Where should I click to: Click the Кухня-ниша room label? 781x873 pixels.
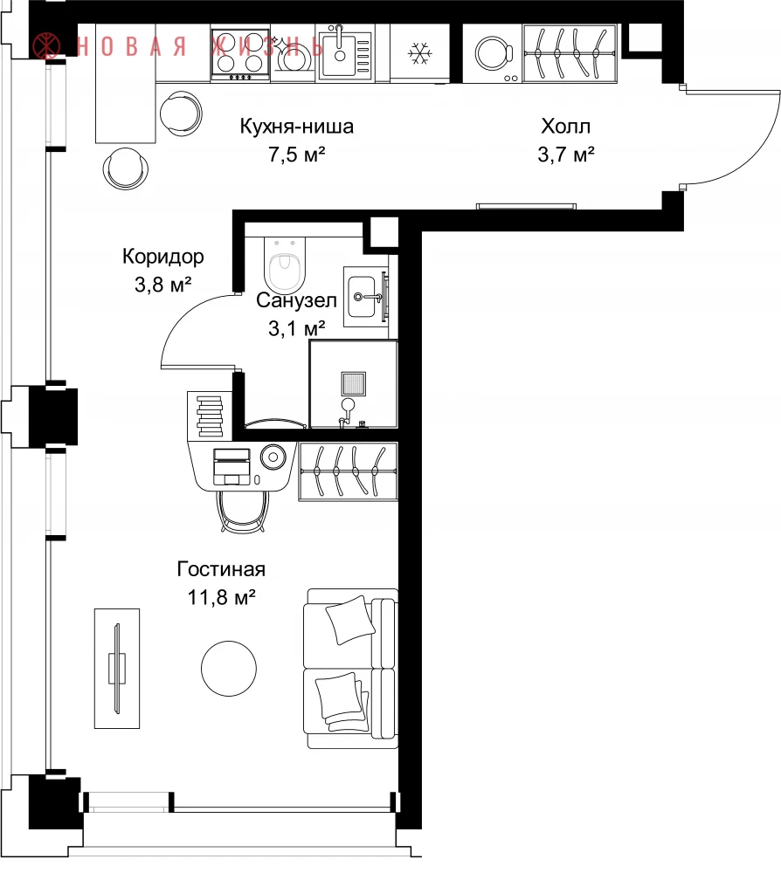click(x=296, y=127)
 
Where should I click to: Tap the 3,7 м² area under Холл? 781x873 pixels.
click(x=566, y=155)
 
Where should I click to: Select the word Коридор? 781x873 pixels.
click(x=163, y=257)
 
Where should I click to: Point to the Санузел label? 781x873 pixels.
click(x=296, y=300)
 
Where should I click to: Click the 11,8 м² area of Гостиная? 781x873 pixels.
click(x=221, y=597)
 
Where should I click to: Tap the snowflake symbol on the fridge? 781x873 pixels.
click(x=419, y=54)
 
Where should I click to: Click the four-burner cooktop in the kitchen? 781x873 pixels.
click(x=240, y=54)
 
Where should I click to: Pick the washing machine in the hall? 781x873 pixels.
click(x=493, y=53)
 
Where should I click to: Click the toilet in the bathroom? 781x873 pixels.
click(x=285, y=264)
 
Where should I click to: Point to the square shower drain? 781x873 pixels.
click(x=354, y=384)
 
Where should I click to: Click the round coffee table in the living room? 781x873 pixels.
click(x=229, y=668)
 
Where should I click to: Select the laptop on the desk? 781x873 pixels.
click(x=232, y=466)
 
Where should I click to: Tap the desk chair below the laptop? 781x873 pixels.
click(x=243, y=511)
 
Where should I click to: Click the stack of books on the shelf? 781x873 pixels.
click(x=210, y=416)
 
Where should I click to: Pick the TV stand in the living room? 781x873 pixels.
click(x=117, y=668)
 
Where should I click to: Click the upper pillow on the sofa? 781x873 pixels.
click(x=349, y=619)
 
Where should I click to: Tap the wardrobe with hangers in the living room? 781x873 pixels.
click(x=349, y=471)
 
